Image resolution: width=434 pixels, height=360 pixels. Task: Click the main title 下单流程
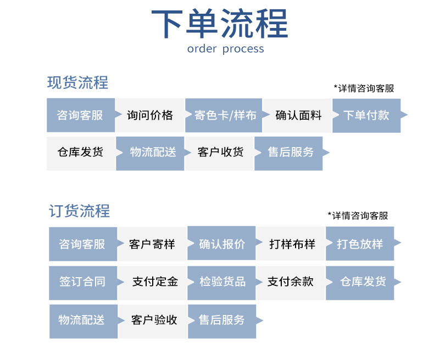[x=219, y=23]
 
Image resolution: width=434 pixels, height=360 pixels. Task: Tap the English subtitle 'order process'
[x=225, y=49]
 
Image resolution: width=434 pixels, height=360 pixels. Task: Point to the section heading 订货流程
[x=80, y=211]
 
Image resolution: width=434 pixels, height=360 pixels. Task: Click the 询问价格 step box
[x=149, y=115]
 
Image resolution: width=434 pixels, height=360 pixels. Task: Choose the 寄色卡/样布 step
[x=224, y=115]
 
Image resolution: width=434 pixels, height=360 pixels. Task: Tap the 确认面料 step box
[x=297, y=115]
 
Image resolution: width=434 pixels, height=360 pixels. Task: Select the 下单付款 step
[x=366, y=115]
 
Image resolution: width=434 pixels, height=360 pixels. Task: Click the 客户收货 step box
[x=220, y=153]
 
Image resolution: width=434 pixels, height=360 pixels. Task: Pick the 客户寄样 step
[x=152, y=244]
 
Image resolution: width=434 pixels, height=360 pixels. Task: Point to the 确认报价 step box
[x=221, y=244]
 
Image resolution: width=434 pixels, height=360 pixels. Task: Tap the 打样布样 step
[x=291, y=244]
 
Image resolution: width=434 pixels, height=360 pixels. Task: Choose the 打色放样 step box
[x=360, y=244]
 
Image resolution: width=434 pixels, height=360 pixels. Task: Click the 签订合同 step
[x=82, y=282]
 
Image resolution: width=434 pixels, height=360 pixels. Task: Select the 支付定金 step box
[x=154, y=282]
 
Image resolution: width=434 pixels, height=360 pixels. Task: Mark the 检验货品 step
[x=221, y=282]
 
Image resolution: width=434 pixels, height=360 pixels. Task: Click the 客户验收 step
[x=154, y=320]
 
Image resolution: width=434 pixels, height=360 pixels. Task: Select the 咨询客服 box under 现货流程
[x=80, y=115]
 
